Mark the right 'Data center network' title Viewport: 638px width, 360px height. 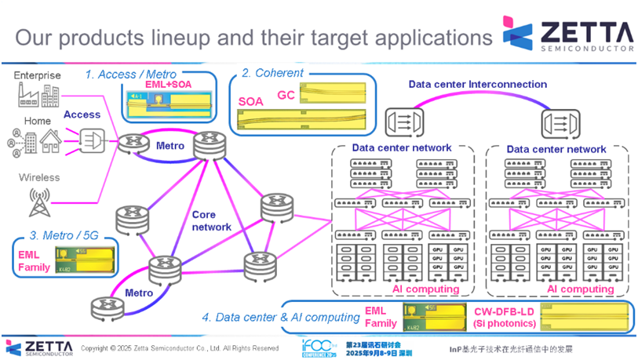coord(556,148)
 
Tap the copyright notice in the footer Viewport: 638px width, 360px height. coord(180,347)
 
